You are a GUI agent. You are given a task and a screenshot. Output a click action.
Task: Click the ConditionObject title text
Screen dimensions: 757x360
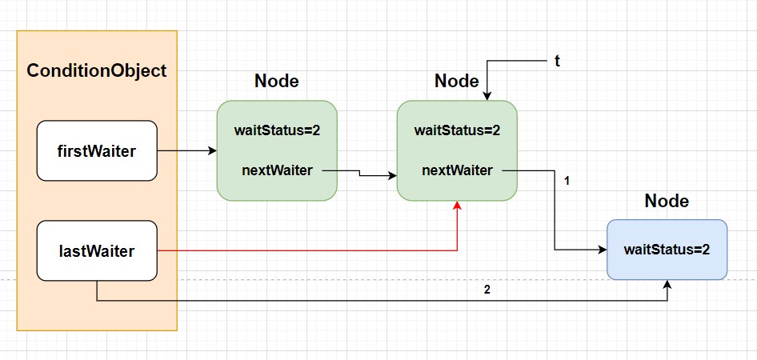point(97,71)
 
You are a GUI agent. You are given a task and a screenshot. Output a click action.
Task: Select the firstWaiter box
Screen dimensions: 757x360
point(97,151)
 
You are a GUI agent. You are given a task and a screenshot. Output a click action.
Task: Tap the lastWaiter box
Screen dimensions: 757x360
point(97,251)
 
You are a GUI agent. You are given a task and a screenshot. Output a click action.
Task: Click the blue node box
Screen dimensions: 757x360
point(667,250)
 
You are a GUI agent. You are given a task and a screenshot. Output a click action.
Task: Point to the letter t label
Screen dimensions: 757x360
point(557,62)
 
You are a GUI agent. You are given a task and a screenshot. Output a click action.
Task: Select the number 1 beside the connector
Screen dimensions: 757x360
point(567,181)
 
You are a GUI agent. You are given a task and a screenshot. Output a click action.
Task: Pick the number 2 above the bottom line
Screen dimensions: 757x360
point(487,291)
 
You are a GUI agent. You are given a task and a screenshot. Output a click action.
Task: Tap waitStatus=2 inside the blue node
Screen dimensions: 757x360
point(667,250)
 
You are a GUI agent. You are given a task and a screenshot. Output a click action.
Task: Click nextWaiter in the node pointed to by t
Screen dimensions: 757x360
point(457,170)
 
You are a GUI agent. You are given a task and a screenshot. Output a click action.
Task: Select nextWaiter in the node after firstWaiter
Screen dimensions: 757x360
point(277,170)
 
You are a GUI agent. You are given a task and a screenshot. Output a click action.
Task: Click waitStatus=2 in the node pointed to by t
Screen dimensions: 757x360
point(457,130)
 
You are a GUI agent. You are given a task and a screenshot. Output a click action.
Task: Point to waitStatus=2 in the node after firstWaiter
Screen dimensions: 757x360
point(277,130)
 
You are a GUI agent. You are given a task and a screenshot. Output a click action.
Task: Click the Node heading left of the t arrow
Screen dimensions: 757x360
point(457,81)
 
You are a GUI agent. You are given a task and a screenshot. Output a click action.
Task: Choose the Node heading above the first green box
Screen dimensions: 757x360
point(277,81)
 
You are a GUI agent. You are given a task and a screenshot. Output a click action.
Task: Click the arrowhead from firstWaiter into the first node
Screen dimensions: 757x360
point(212,151)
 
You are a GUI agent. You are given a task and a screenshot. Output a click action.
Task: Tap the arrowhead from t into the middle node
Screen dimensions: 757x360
point(487,95)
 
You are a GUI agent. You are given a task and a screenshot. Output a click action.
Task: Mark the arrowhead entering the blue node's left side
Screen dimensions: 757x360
point(602,250)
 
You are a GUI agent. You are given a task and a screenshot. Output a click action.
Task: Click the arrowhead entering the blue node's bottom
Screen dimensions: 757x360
point(667,285)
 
